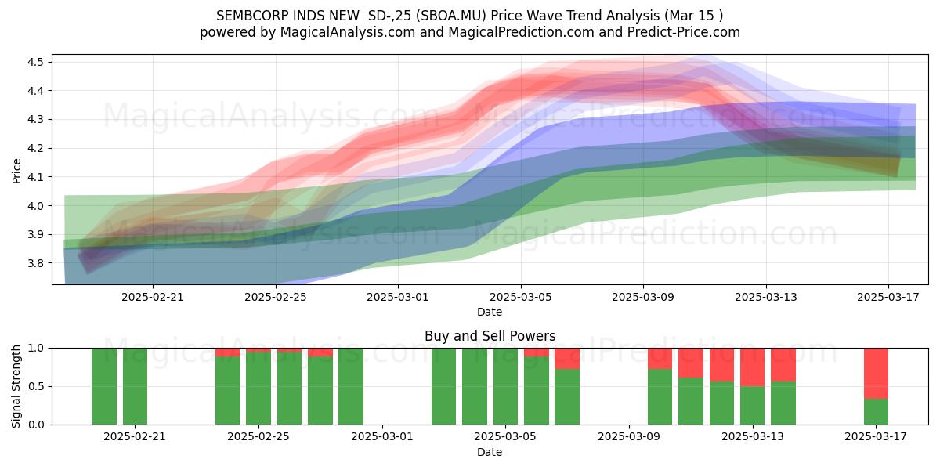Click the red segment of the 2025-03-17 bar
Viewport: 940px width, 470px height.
pos(876,374)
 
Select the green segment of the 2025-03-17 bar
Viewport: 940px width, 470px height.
pos(876,412)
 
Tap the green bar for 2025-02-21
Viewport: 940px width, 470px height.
pos(135,386)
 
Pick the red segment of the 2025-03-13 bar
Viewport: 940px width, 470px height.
pos(753,367)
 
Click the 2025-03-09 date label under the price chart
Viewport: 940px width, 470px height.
pos(643,297)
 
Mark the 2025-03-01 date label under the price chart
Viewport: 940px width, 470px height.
pos(398,297)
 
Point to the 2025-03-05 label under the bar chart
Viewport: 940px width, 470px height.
pos(505,437)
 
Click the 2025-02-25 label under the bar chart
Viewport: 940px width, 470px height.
pos(258,437)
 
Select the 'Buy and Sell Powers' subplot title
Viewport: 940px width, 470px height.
pos(490,336)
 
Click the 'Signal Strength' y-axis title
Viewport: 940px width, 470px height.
pos(16,386)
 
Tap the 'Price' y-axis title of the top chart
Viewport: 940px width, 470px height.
pos(16,171)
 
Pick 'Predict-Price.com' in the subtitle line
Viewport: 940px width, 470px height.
pos(684,32)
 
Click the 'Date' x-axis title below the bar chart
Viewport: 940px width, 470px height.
pos(490,452)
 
